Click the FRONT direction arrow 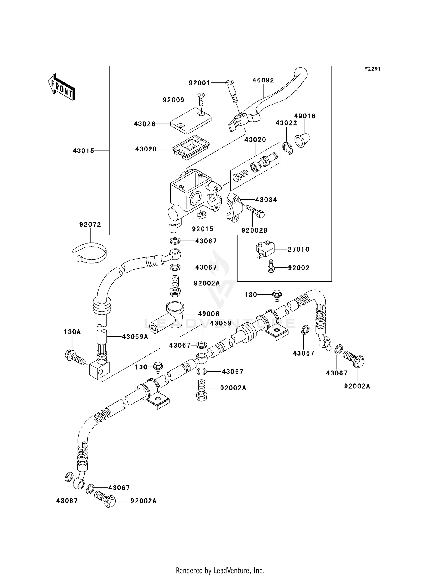[62, 87]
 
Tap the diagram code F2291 [372, 69]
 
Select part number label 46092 [263, 80]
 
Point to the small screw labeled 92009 [201, 99]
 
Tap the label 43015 [83, 151]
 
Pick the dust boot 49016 [302, 140]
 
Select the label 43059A [135, 337]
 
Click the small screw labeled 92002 [271, 266]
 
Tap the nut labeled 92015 [202, 215]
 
